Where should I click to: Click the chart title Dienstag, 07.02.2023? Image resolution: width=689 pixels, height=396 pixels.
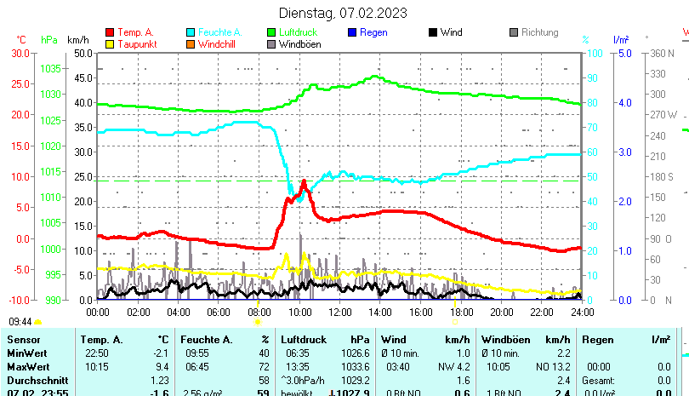click(343, 13)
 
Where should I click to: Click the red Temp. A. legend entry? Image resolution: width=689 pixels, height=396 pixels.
click(135, 32)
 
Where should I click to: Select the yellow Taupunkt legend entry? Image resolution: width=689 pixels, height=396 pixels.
click(134, 44)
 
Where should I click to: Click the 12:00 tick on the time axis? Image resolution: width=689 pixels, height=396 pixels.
click(340, 312)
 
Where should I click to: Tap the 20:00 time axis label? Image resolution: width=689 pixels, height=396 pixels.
click(501, 312)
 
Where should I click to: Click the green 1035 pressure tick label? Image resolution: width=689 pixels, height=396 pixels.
click(50, 68)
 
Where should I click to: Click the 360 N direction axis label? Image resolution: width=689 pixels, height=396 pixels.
click(662, 53)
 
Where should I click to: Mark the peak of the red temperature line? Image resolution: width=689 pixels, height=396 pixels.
click(304, 181)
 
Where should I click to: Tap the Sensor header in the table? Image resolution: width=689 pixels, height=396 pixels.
click(24, 340)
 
